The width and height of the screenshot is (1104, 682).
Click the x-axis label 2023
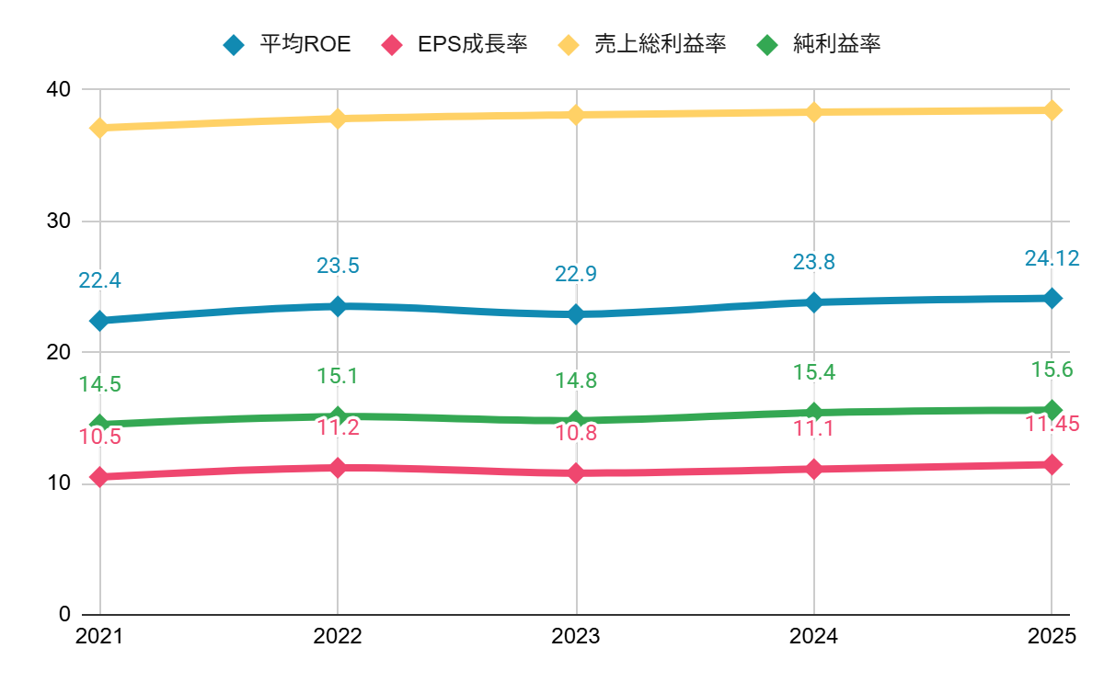(576, 637)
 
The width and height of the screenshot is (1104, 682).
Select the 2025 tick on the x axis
(1052, 637)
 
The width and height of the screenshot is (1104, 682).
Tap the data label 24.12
(1052, 259)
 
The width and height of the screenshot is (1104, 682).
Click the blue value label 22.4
(99, 281)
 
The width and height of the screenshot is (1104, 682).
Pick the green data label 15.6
(1052, 370)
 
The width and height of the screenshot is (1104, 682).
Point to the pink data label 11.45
(1052, 425)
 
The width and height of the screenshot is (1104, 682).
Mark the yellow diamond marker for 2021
(99, 128)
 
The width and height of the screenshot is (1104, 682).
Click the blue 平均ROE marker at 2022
(338, 306)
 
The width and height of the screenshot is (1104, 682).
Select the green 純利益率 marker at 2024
(814, 413)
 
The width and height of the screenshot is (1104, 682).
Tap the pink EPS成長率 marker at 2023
(576, 473)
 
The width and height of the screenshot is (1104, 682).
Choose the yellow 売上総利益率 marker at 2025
(1052, 110)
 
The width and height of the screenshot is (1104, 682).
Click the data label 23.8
(814, 263)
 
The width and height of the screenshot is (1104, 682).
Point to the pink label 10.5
(99, 438)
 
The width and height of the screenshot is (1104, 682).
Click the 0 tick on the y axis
(64, 614)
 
